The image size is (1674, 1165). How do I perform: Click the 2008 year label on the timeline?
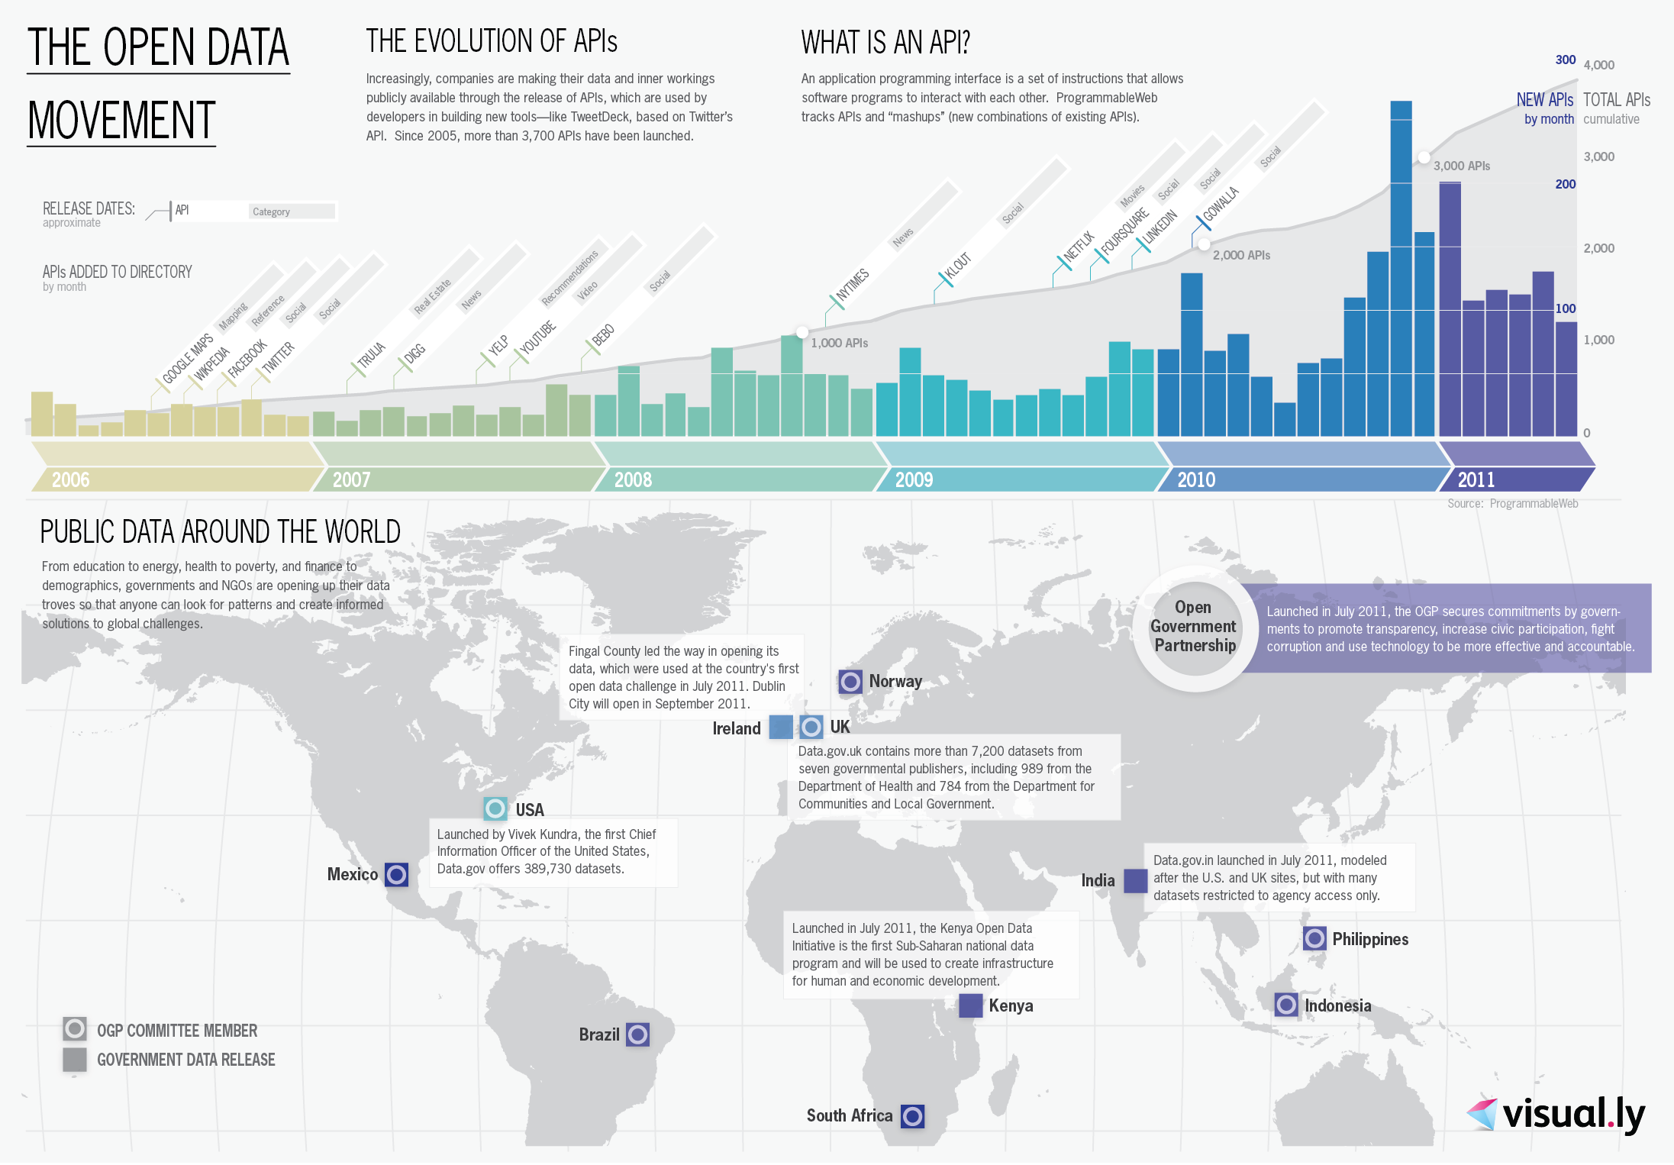click(633, 479)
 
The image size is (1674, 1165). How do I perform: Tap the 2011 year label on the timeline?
click(1476, 479)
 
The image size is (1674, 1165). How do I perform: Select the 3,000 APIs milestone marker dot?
click(1424, 157)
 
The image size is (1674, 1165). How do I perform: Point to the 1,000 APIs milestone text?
click(839, 343)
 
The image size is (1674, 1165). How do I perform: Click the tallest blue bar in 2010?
click(1401, 267)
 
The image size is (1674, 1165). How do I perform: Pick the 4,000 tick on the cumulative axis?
click(1598, 65)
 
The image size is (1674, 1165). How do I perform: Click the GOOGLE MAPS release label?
click(187, 358)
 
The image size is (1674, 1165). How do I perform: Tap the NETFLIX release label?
click(1079, 247)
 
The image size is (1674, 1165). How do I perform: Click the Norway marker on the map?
click(850, 681)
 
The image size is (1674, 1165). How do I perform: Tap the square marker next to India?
click(1135, 880)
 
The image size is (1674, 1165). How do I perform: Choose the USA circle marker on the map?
click(495, 808)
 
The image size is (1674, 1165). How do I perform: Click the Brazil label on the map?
click(599, 1034)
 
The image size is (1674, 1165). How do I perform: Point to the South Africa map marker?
click(912, 1116)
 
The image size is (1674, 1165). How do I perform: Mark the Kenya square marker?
click(970, 1005)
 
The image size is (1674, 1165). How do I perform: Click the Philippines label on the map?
click(1370, 939)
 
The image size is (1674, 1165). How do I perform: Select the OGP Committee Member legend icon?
click(75, 1029)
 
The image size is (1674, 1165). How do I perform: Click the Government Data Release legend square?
click(75, 1060)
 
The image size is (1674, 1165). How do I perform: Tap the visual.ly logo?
click(1556, 1115)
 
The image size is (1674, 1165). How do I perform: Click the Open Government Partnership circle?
click(1194, 627)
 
